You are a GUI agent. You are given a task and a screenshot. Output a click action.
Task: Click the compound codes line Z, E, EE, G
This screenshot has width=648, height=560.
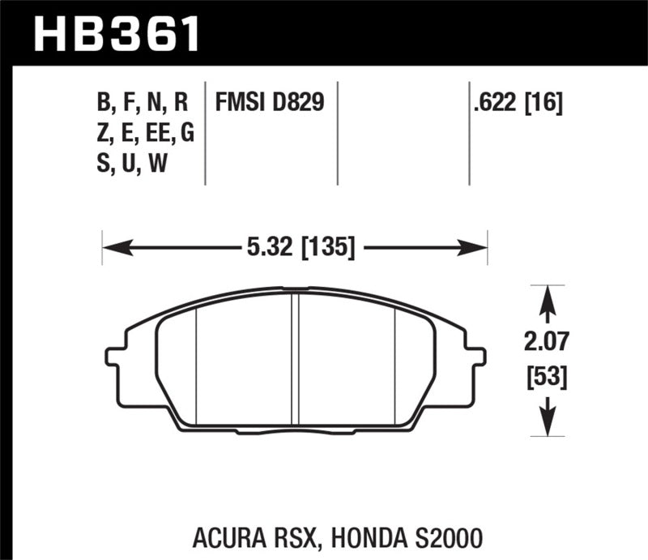click(145, 134)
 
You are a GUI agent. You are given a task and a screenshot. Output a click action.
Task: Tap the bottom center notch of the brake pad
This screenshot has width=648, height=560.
click(296, 426)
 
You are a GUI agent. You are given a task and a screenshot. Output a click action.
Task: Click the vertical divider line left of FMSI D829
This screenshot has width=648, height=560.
click(207, 134)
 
